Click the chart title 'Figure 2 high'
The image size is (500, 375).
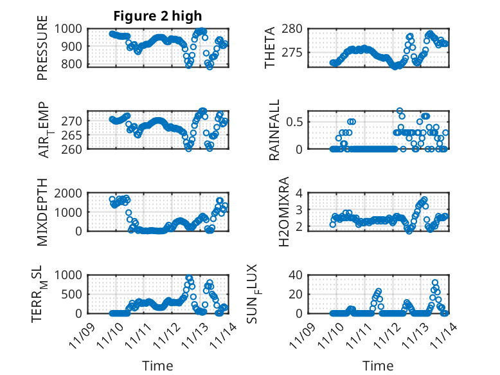coord(157,15)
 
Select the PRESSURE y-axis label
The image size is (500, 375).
coord(42,51)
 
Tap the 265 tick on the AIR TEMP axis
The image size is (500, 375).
coord(73,135)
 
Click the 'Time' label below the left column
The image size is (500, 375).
coord(157,366)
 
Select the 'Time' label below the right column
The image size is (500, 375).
coord(379,366)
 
